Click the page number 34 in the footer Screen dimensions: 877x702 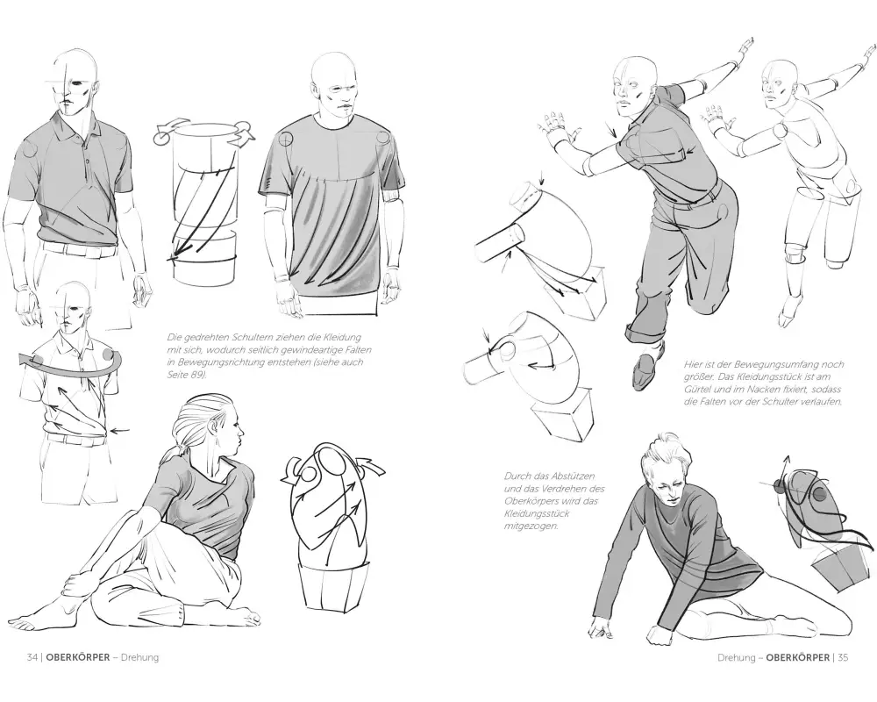click(32, 657)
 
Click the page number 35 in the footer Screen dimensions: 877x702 click(842, 657)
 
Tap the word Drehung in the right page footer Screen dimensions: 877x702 click(736, 657)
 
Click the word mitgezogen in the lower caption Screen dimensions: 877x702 click(531, 526)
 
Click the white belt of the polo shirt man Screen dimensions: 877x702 click(78, 248)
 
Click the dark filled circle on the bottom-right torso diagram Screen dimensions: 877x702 click(819, 494)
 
